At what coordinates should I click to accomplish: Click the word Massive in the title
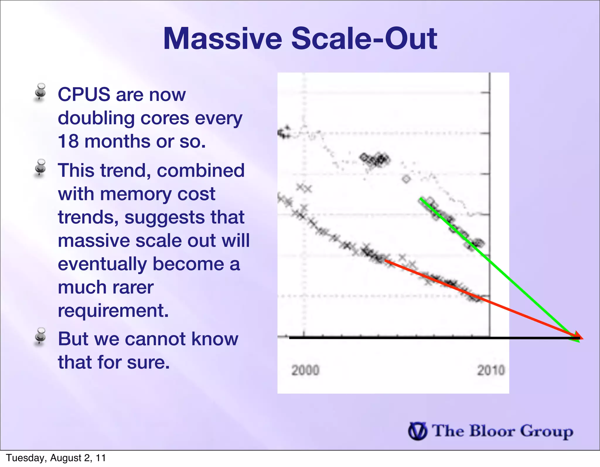[x=222, y=39]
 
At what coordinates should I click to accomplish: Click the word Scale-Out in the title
[x=364, y=39]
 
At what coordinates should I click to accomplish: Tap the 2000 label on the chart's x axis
[x=305, y=370]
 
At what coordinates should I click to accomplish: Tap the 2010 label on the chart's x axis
[x=491, y=370]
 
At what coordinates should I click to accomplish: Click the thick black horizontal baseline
[x=410, y=338]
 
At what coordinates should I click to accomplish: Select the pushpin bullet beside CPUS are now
[x=40, y=92]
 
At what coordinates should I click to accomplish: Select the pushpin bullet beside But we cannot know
[x=40, y=336]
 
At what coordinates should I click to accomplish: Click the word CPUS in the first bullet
[x=84, y=94]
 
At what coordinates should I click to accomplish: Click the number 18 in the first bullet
[x=68, y=141]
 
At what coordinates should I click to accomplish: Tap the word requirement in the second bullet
[x=113, y=310]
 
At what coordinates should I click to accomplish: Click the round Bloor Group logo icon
[x=417, y=431]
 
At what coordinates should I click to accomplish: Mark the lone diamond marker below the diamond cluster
[x=406, y=179]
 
